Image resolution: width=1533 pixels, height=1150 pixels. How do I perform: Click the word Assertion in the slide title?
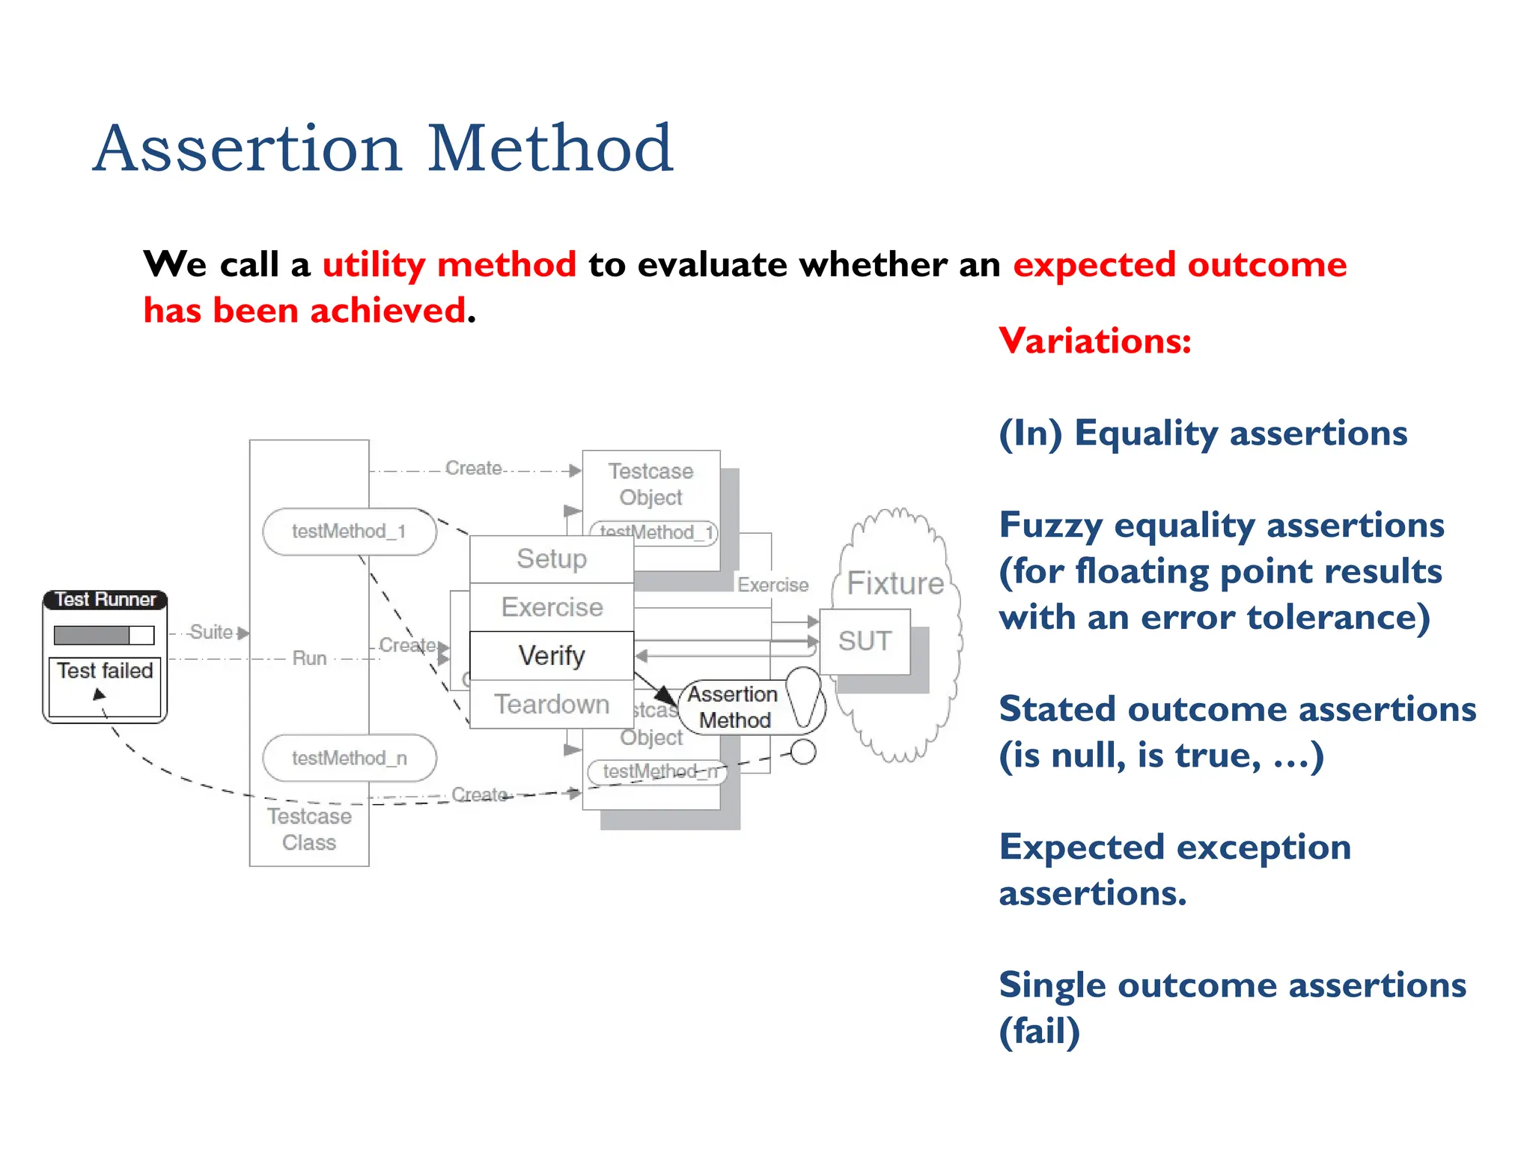[248, 148]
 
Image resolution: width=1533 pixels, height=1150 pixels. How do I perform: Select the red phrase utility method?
[449, 265]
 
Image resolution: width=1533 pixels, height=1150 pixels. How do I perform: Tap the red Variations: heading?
[1094, 341]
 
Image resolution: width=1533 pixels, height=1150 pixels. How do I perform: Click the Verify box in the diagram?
[552, 656]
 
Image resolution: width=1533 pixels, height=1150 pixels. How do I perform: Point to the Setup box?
[552, 559]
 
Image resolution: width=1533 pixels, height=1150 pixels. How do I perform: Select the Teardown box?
[552, 705]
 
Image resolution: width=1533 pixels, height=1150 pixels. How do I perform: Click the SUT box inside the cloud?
[865, 642]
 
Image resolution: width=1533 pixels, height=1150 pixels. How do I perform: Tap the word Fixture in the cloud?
[895, 583]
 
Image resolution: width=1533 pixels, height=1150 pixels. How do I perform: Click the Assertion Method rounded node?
[734, 708]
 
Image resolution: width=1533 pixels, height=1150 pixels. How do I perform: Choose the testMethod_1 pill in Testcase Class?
[349, 532]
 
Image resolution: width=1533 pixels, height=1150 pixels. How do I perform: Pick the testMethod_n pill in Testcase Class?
[349, 758]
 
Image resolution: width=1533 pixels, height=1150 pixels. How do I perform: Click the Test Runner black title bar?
[105, 600]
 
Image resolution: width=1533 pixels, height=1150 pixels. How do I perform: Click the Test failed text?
[105, 671]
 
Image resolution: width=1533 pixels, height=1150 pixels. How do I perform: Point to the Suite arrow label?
[211, 633]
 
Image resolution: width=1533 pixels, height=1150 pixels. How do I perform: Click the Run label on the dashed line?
[309, 658]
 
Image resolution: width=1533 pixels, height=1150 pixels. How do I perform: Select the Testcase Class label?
[309, 830]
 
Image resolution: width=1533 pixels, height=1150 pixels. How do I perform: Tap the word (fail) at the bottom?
[1040, 1032]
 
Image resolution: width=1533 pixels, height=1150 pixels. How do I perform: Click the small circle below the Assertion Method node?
[803, 752]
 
